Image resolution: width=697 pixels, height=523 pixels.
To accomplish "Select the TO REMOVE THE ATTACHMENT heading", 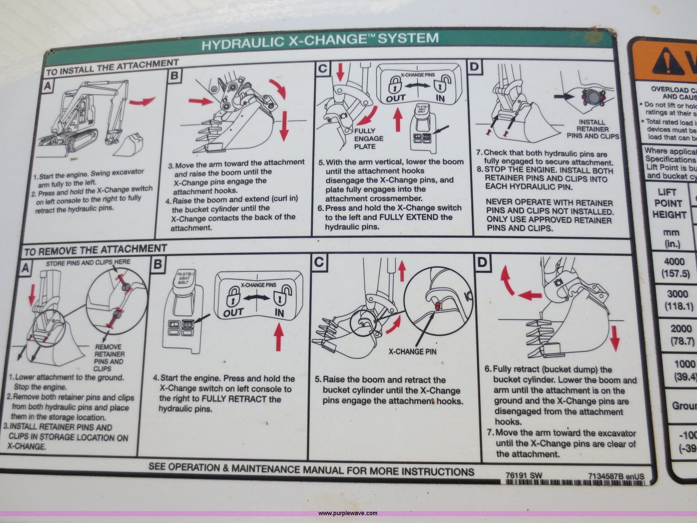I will tap(95, 250).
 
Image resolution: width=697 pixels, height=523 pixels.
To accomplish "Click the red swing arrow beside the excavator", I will tap(143, 101).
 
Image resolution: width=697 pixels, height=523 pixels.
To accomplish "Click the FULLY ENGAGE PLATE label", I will tap(369, 139).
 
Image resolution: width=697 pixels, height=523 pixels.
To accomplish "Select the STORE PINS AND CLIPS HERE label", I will tap(88, 262).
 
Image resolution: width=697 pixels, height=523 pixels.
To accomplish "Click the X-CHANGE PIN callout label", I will tap(412, 351).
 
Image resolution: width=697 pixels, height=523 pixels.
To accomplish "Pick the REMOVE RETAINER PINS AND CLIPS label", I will tap(109, 358).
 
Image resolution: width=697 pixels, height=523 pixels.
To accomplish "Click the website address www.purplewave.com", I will tap(347, 513).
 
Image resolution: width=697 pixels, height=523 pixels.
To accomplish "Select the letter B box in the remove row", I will tap(157, 264).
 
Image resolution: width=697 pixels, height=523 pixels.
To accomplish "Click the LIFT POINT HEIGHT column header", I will tap(668, 204).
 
